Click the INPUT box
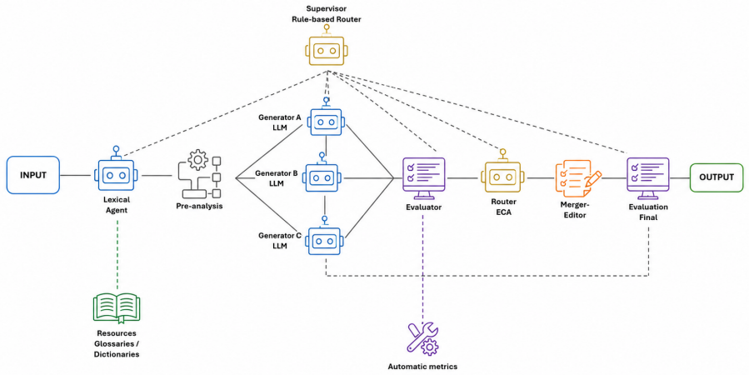click(x=33, y=175)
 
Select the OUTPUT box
click(x=716, y=177)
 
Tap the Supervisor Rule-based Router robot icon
click(x=327, y=46)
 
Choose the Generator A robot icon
click(x=327, y=117)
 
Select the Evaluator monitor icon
click(x=424, y=178)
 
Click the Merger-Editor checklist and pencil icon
click(x=577, y=178)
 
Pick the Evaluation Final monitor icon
click(x=647, y=178)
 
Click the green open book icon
click(x=116, y=308)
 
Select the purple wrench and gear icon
click(x=422, y=338)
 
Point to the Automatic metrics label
click(x=422, y=367)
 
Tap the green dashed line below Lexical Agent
click(x=117, y=253)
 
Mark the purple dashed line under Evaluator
click(x=422, y=268)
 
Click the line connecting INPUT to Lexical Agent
click(x=75, y=175)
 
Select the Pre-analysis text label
click(x=199, y=207)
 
